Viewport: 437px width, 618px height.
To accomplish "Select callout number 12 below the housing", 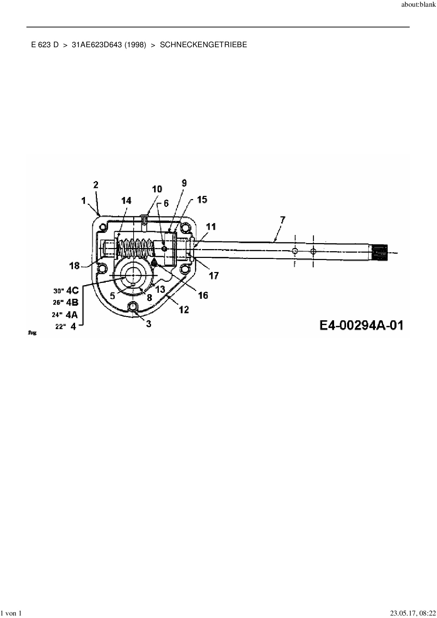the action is click(184, 310).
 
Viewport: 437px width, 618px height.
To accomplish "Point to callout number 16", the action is click(203, 295).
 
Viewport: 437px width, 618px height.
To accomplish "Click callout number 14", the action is click(126, 200).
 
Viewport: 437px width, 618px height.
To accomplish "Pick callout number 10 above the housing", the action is click(157, 189).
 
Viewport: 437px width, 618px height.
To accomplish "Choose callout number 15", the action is click(202, 200).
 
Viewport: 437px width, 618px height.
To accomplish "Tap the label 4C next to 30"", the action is click(72, 290).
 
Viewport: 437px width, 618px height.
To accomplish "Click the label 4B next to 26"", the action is click(72, 302).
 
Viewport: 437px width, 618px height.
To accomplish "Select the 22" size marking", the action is click(60, 327).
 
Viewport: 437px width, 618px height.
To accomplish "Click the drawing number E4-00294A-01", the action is click(361, 325).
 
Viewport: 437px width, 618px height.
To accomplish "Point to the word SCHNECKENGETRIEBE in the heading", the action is click(203, 45).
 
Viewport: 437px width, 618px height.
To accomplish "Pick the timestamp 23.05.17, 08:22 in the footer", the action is click(413, 613).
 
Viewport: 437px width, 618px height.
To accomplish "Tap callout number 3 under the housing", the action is click(149, 323).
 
